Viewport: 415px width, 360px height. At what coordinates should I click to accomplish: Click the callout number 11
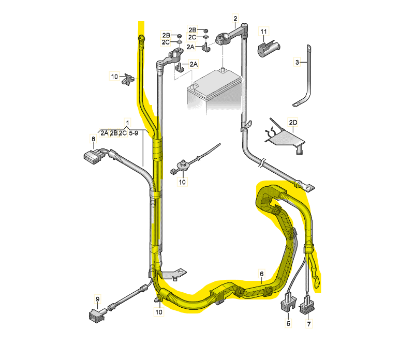click(x=263, y=32)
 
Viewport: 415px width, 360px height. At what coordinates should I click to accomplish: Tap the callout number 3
click(x=297, y=63)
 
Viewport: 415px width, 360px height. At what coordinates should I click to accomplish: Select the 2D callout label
click(x=293, y=123)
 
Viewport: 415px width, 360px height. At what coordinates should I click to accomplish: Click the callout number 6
click(x=261, y=274)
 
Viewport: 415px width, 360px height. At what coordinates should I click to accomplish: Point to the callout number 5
click(x=288, y=323)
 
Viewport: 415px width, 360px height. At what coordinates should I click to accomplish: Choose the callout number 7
click(x=309, y=323)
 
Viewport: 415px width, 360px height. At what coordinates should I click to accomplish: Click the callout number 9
click(x=98, y=299)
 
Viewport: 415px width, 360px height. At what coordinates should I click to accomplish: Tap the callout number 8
click(x=93, y=139)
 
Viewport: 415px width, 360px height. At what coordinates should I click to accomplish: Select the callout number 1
click(x=128, y=123)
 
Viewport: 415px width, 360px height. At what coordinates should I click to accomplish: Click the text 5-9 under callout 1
click(x=134, y=133)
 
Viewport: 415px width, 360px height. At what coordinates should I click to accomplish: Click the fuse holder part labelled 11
click(x=269, y=49)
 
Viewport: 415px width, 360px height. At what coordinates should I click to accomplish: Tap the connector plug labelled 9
click(x=97, y=316)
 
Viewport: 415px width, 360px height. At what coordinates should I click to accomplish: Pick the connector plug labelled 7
click(x=307, y=305)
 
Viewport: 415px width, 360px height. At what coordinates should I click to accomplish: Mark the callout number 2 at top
click(x=235, y=19)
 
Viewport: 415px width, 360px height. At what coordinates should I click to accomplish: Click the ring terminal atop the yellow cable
click(x=141, y=39)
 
